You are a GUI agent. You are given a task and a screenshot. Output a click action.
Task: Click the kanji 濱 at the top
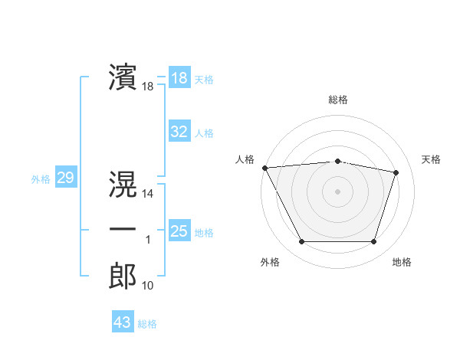123,77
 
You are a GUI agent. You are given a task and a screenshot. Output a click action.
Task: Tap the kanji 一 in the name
123,230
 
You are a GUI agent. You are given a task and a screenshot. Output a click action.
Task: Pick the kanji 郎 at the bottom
123,276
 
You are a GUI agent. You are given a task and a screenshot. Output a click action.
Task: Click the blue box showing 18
179,77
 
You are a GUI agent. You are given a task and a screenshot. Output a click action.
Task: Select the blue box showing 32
179,132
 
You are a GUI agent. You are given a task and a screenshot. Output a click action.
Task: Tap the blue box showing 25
179,231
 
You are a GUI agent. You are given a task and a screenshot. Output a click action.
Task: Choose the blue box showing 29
65,178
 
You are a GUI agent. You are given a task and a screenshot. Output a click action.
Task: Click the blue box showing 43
123,322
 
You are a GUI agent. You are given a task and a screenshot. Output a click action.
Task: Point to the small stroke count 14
148,194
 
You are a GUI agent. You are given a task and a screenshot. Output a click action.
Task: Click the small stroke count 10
148,286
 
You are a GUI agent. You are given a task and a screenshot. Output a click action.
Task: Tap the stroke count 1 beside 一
148,241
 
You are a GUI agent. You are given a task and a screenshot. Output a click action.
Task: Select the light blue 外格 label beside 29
40,179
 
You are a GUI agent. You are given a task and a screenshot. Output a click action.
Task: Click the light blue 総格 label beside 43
147,324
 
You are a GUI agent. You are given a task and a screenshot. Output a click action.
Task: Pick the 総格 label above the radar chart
338,100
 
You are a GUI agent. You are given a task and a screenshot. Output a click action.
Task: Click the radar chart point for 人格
264,168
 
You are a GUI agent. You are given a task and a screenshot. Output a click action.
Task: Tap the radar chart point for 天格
396,172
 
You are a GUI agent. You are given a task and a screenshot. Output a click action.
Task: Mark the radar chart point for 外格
301,242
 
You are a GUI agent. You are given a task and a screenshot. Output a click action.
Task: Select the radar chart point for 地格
374,242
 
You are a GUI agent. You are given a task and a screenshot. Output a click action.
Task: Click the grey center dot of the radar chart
338,191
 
